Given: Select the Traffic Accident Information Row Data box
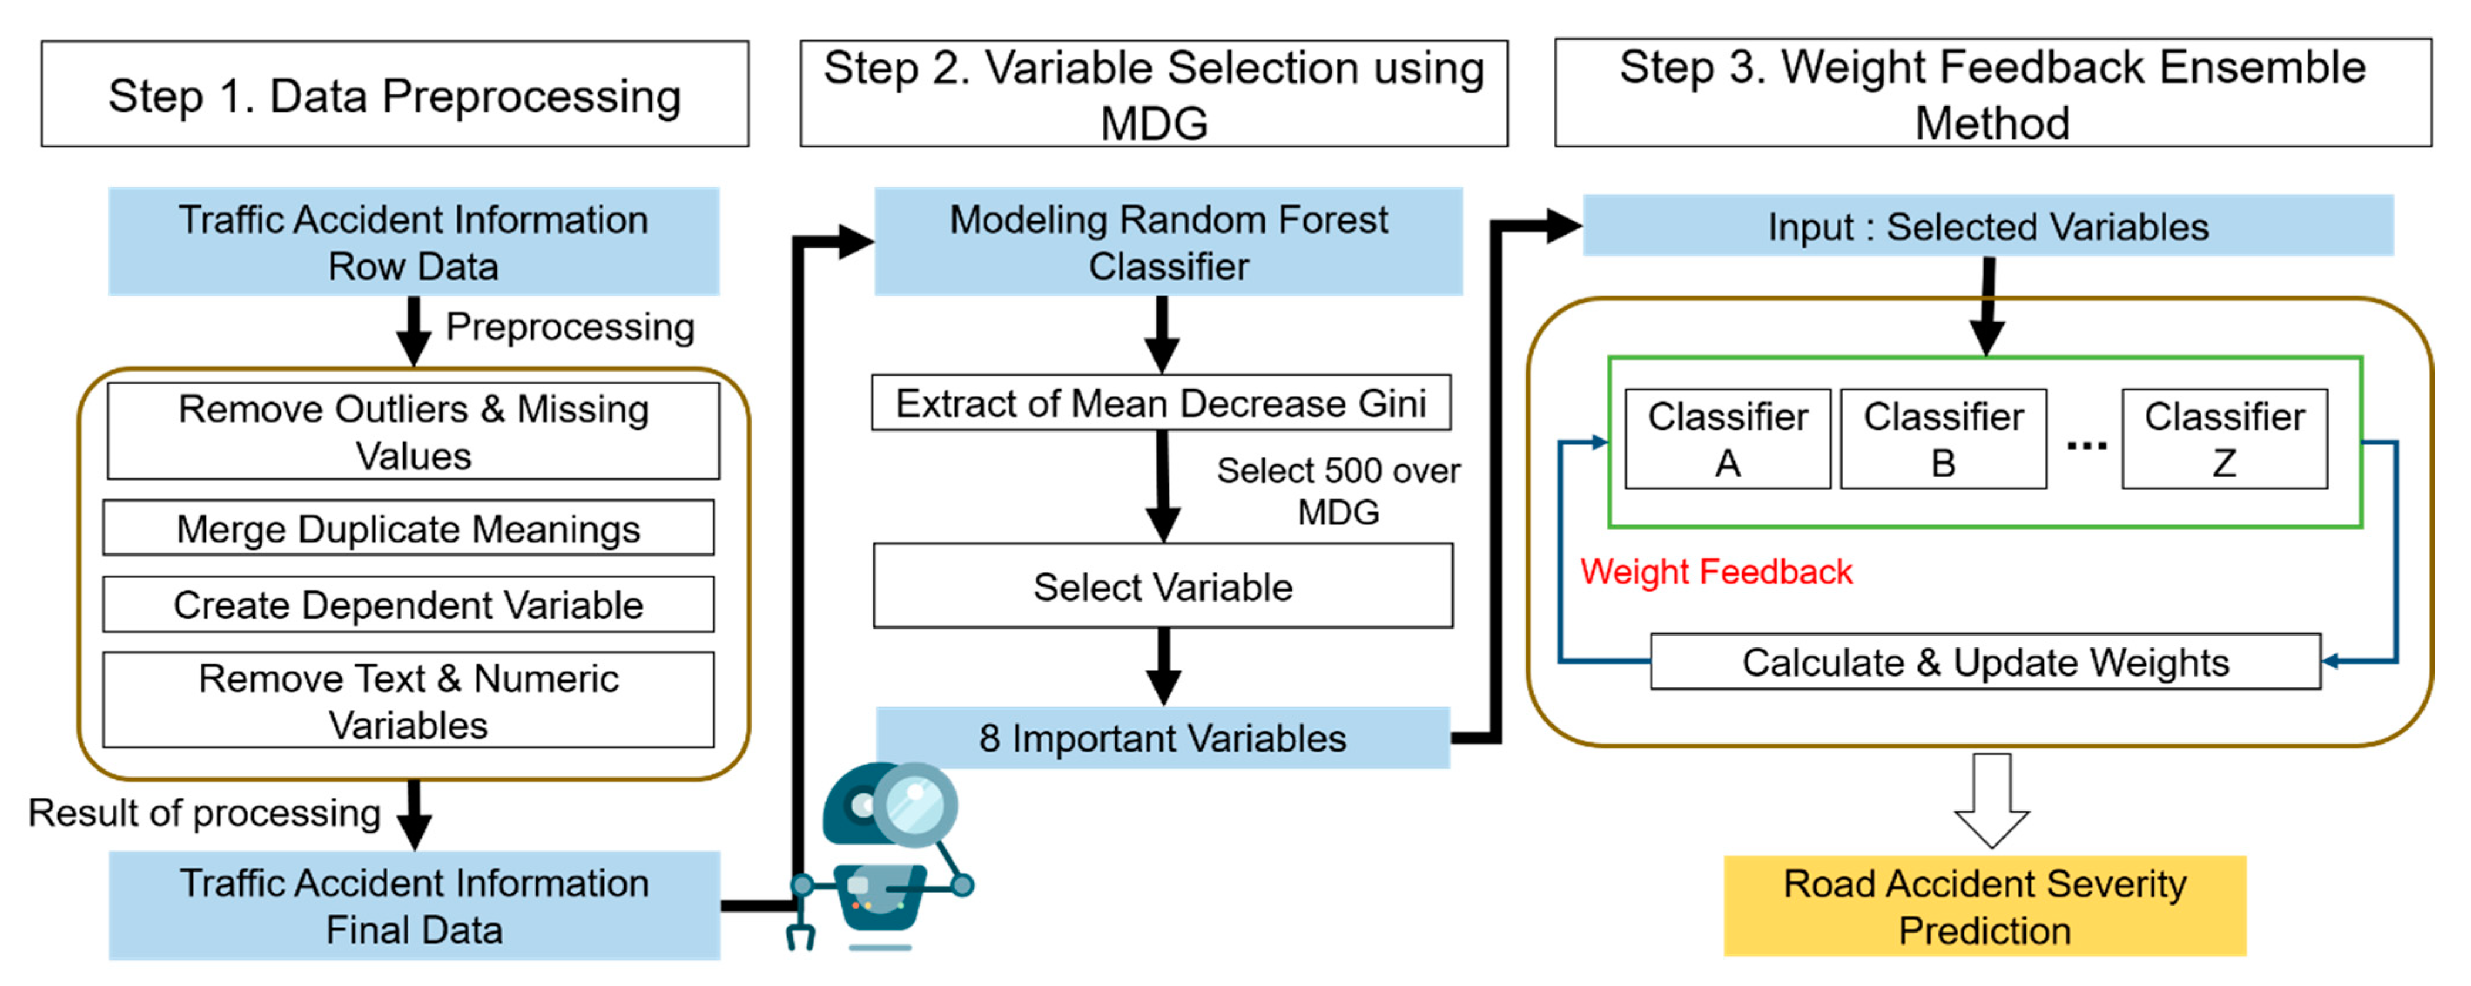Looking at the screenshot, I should point(413,242).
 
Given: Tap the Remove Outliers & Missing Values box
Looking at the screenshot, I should point(413,431).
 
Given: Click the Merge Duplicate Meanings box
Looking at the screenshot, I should point(409,528).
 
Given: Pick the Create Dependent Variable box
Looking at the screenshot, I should point(409,605).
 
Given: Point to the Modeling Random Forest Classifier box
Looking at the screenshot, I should point(1169,242).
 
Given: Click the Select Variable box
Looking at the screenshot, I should point(1163,586).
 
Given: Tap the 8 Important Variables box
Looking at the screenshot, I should point(1163,738).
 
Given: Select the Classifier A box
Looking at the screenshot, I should point(1728,439).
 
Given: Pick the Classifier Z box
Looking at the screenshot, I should point(2224,439).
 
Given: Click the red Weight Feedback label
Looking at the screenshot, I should point(1716,572).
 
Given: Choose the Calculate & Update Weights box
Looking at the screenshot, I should point(1985,662).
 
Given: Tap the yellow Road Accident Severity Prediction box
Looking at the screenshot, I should point(1985,906).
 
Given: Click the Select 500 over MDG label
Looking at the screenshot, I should point(1338,491).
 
